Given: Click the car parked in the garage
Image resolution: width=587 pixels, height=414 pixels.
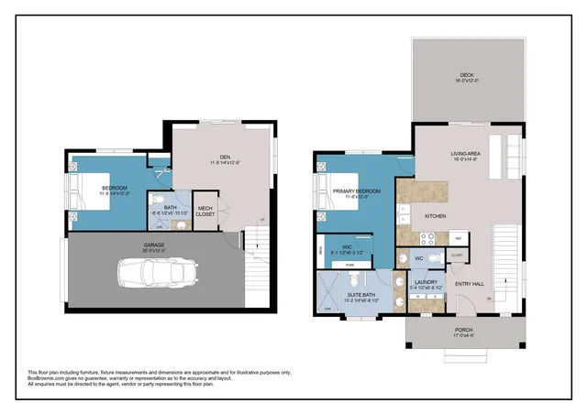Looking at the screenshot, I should [157, 271].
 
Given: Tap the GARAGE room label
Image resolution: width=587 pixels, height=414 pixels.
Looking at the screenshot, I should [154, 245].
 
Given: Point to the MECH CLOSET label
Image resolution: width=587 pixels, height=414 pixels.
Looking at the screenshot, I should [206, 209].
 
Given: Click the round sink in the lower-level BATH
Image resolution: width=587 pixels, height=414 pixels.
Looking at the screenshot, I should [181, 223].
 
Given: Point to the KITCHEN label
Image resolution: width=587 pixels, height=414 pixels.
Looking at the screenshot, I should [435, 216].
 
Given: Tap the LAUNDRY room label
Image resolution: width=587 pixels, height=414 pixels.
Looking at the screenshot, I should [425, 283].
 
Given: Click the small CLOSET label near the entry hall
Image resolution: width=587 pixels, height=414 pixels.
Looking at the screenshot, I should [456, 256].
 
